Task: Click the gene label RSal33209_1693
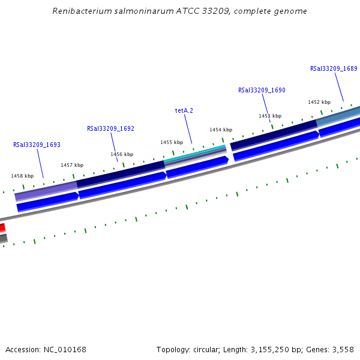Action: (x=37, y=145)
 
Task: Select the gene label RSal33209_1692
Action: (x=110, y=128)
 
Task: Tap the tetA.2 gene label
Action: (x=184, y=110)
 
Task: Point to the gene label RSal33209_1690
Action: (x=262, y=90)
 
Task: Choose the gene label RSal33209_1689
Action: (x=334, y=68)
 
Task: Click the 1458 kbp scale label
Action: (x=22, y=176)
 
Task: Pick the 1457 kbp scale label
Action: (x=72, y=165)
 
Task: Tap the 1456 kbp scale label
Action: (x=122, y=154)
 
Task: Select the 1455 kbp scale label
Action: (x=172, y=142)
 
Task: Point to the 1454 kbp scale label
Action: (x=221, y=130)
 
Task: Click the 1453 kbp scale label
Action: (x=270, y=116)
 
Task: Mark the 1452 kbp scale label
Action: (x=319, y=102)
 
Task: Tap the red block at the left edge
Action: (x=2, y=227)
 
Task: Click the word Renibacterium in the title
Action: (x=81, y=11)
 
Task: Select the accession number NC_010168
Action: (x=64, y=349)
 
